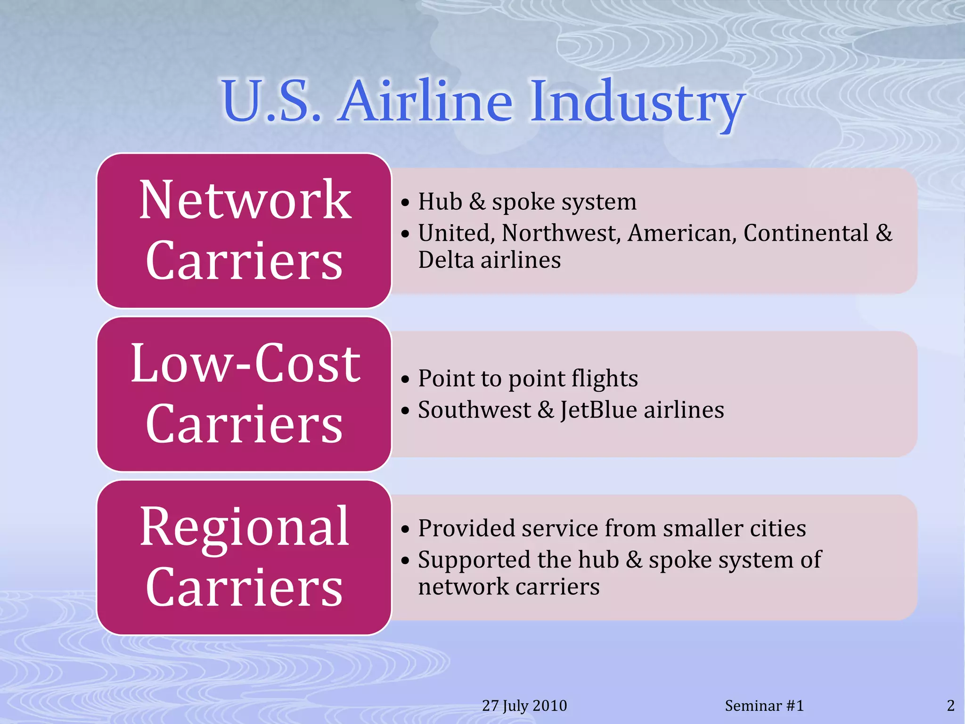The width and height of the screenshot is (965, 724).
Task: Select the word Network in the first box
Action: [x=245, y=200]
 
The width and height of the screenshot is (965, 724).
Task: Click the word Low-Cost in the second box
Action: [x=245, y=363]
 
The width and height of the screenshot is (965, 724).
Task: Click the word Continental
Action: [x=806, y=233]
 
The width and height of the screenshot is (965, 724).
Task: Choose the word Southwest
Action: [x=474, y=410]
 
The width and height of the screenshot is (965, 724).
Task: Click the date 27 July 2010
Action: [x=524, y=706]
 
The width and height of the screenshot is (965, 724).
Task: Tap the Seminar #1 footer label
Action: [x=764, y=706]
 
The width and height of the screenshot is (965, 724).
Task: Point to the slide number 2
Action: [x=950, y=706]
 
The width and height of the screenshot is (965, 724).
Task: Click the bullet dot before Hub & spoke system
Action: [x=405, y=203]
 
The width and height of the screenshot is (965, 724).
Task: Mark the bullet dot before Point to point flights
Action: [x=405, y=380]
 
